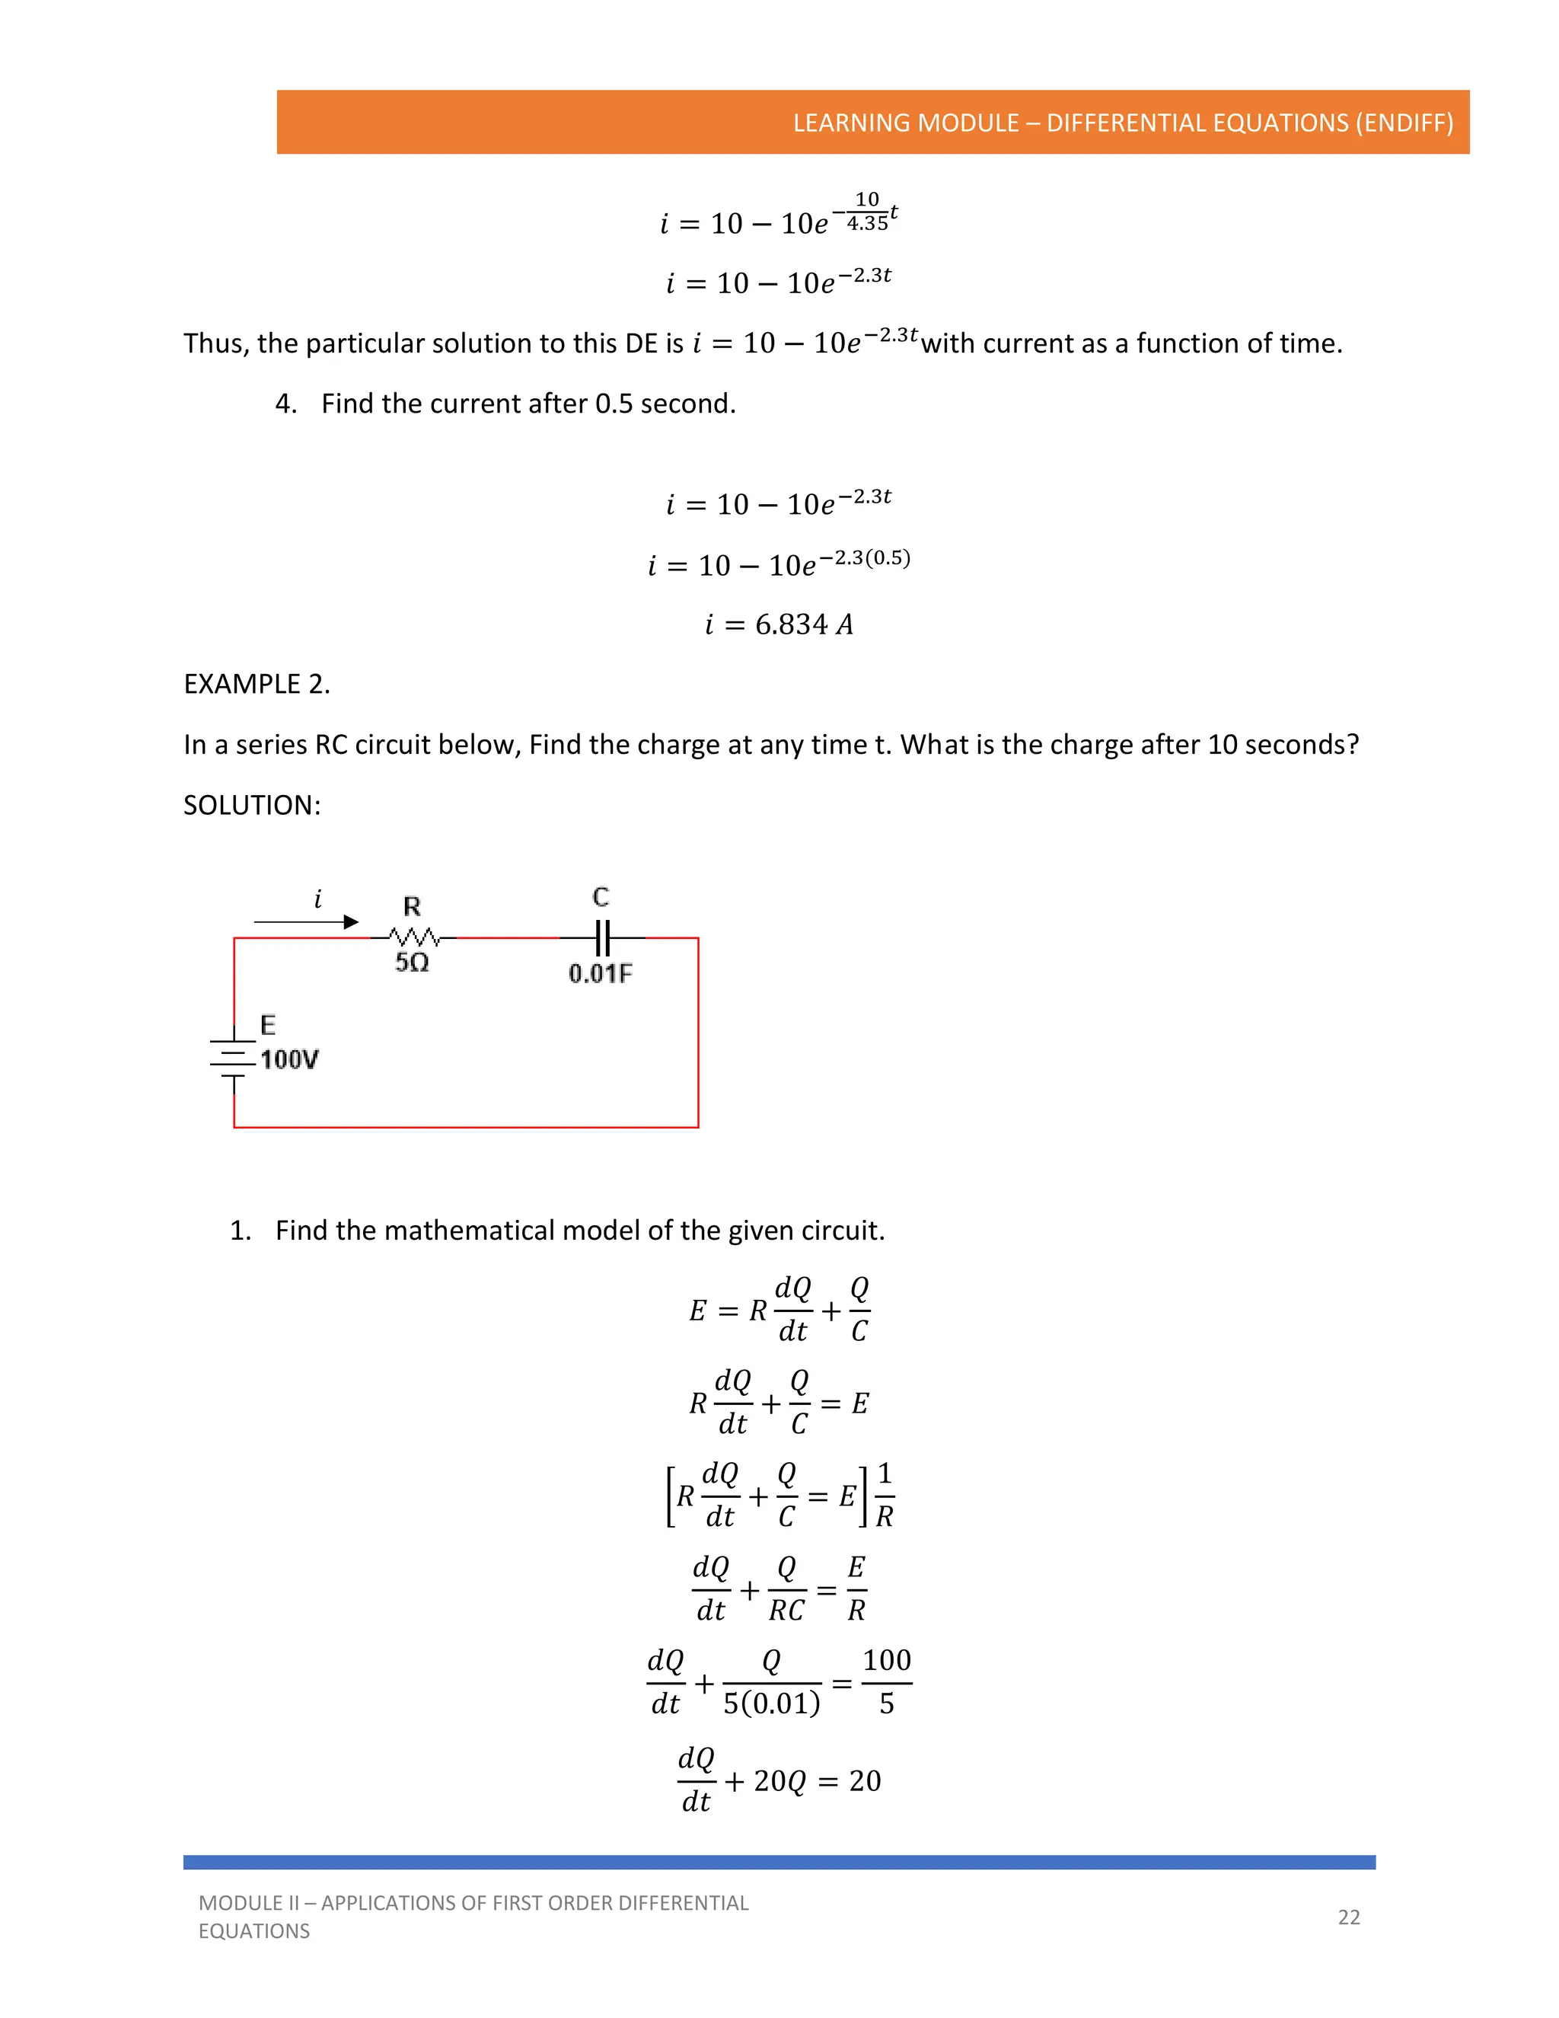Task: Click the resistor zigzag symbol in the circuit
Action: click(x=413, y=936)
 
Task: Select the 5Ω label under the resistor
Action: click(x=412, y=963)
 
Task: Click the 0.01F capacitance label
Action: click(x=601, y=974)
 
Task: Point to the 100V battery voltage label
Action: click(x=289, y=1060)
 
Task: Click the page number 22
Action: click(x=1348, y=1917)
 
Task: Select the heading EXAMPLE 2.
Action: click(x=257, y=685)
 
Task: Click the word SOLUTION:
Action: click(x=252, y=806)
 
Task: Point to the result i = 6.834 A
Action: click(x=779, y=625)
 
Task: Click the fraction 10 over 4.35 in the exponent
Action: click(x=867, y=212)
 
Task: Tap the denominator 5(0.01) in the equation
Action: click(x=771, y=1703)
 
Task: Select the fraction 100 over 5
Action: click(x=887, y=1681)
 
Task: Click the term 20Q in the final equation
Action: click(x=779, y=1780)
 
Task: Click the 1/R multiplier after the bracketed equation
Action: click(x=884, y=1495)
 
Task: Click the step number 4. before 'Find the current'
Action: click(x=286, y=404)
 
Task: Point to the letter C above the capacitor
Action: click(x=601, y=896)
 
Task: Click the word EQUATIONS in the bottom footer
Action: click(x=254, y=1931)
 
